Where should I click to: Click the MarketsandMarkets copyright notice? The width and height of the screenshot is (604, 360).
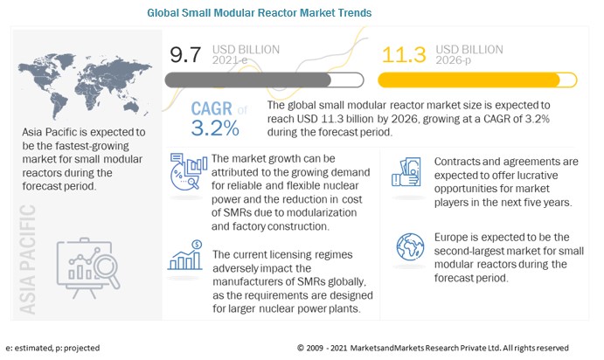click(x=433, y=348)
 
